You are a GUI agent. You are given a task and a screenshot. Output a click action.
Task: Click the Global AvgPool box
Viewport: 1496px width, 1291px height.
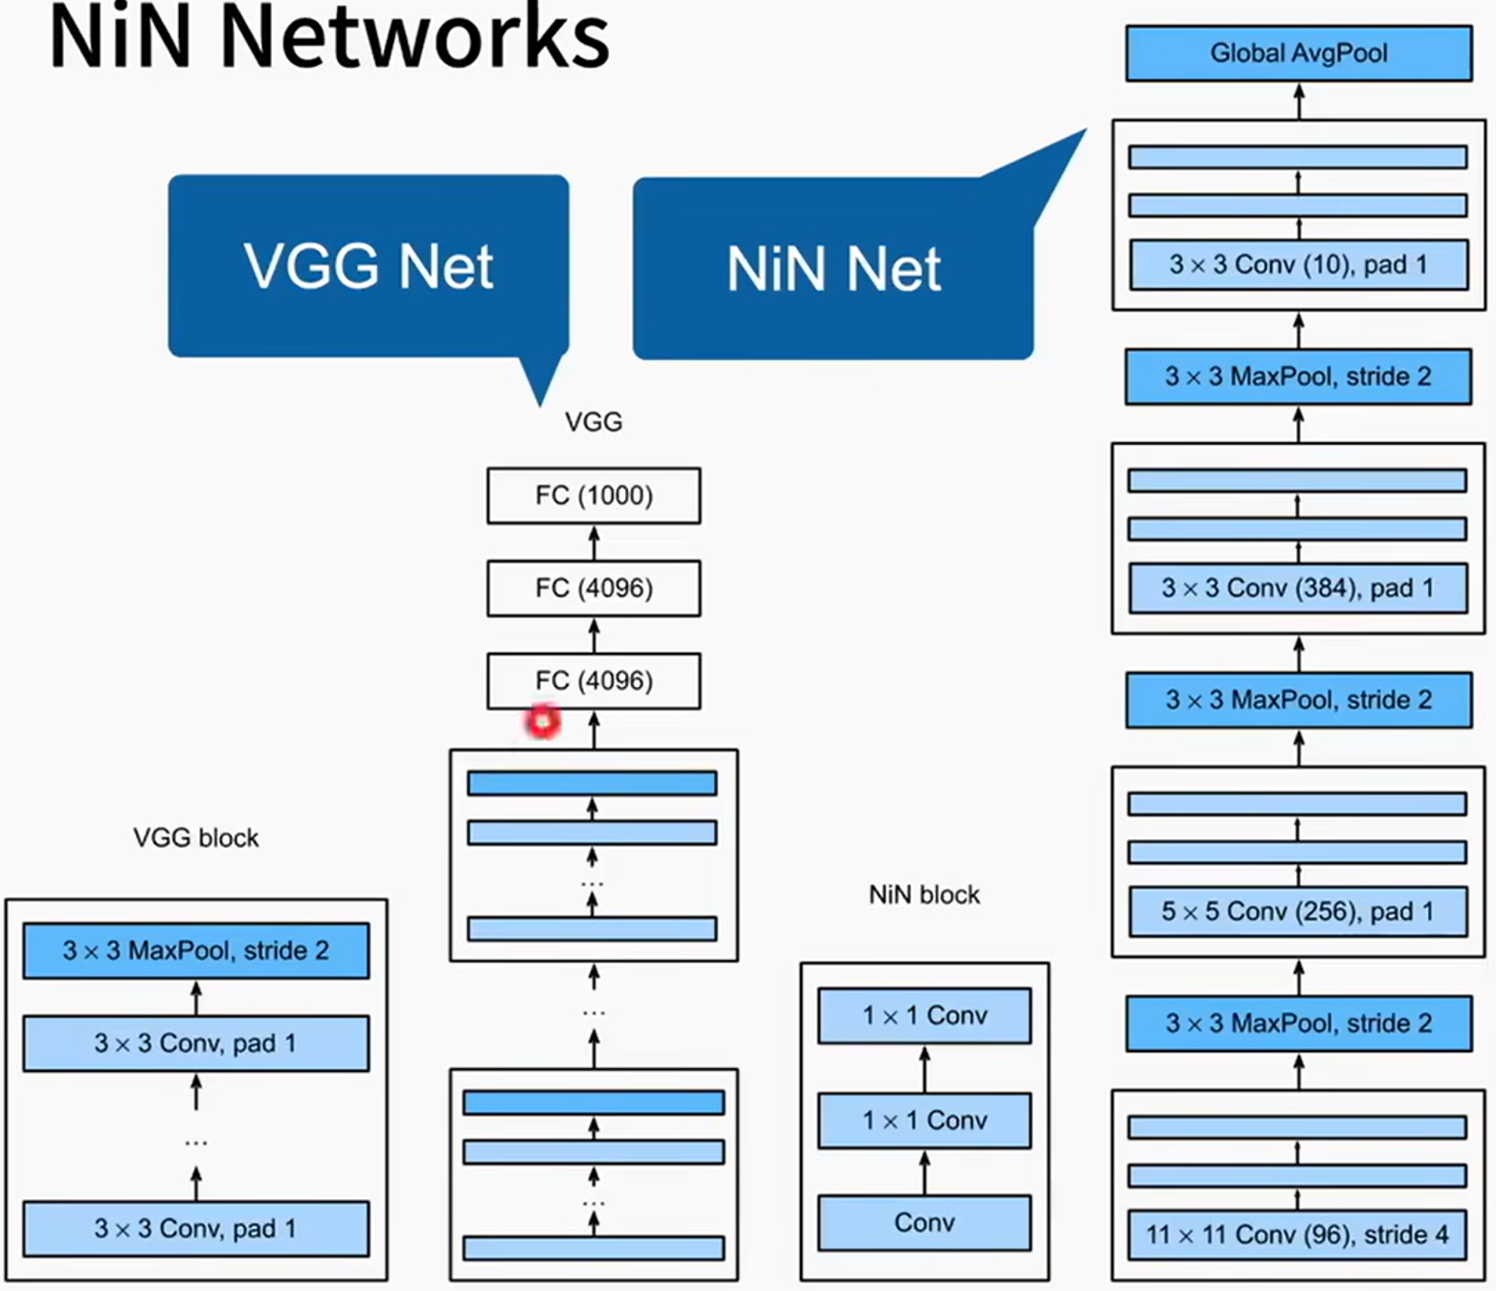tap(1298, 54)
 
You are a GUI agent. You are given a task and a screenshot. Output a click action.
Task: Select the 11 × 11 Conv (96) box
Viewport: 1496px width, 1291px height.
tap(1298, 1235)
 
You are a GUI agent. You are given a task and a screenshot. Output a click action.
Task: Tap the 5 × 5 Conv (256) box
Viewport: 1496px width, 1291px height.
tap(1298, 911)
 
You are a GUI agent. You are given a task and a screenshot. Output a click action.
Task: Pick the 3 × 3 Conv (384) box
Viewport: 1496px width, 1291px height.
tap(1298, 588)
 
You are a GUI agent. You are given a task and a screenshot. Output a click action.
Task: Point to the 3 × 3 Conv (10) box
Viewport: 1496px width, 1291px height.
tap(1298, 265)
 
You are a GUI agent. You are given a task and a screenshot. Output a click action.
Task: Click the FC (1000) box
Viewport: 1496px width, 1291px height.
tap(593, 496)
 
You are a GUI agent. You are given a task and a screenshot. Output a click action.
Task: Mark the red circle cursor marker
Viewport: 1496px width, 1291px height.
tap(543, 721)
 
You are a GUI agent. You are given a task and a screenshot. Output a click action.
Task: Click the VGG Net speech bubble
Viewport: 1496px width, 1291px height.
tap(368, 266)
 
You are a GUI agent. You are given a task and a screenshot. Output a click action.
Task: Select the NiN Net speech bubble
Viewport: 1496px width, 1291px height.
tap(833, 269)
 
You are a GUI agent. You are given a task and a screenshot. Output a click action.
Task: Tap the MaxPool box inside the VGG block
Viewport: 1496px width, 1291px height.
tap(196, 950)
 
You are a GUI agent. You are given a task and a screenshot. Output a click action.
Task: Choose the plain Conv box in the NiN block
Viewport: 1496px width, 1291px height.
tap(925, 1222)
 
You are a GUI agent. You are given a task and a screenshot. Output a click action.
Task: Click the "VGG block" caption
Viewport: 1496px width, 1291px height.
tap(196, 838)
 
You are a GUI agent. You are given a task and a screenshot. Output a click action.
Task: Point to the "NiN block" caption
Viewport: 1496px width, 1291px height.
tap(925, 895)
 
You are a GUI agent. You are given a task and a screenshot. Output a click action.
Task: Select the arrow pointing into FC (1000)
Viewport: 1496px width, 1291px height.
tap(594, 542)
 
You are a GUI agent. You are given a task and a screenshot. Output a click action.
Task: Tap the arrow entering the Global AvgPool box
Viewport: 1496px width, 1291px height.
tap(1299, 100)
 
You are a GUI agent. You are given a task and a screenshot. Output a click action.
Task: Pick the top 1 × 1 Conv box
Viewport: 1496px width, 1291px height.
tap(925, 1015)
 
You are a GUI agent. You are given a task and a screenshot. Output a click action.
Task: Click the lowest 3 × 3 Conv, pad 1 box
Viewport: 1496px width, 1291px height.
tap(196, 1229)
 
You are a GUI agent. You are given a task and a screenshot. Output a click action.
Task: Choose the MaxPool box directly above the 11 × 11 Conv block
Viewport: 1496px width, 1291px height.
tap(1298, 1023)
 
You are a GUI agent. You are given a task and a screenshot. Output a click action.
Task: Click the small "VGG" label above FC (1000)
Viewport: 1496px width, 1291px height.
tap(593, 422)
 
